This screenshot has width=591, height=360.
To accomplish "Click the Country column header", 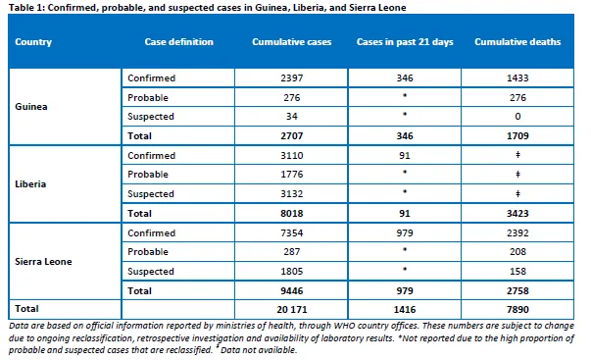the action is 33,42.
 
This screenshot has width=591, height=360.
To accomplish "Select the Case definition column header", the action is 178,41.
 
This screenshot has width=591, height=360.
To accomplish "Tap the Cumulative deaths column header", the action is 517,41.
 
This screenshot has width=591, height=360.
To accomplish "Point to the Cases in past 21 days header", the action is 405,41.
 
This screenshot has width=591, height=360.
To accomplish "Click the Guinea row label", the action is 31,106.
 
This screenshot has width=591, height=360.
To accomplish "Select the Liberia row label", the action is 30,183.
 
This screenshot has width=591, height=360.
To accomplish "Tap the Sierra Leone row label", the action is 43,262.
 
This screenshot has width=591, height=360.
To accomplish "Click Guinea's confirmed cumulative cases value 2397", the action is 291,78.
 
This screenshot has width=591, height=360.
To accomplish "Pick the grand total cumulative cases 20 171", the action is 292,309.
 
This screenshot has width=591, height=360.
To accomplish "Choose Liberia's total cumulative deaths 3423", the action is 517,213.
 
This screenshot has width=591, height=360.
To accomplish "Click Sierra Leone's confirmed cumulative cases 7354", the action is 291,232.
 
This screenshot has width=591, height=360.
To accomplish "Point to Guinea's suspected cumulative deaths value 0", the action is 517,116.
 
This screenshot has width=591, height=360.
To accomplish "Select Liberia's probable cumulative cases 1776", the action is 291,175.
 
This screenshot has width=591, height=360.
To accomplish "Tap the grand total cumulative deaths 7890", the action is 517,309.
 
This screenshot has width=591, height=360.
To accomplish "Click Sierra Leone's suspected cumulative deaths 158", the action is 517,272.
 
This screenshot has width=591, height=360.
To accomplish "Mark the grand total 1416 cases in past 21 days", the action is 405,309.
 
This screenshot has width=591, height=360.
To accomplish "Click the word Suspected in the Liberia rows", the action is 151,194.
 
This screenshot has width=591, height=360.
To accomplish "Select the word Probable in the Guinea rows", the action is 148,98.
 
